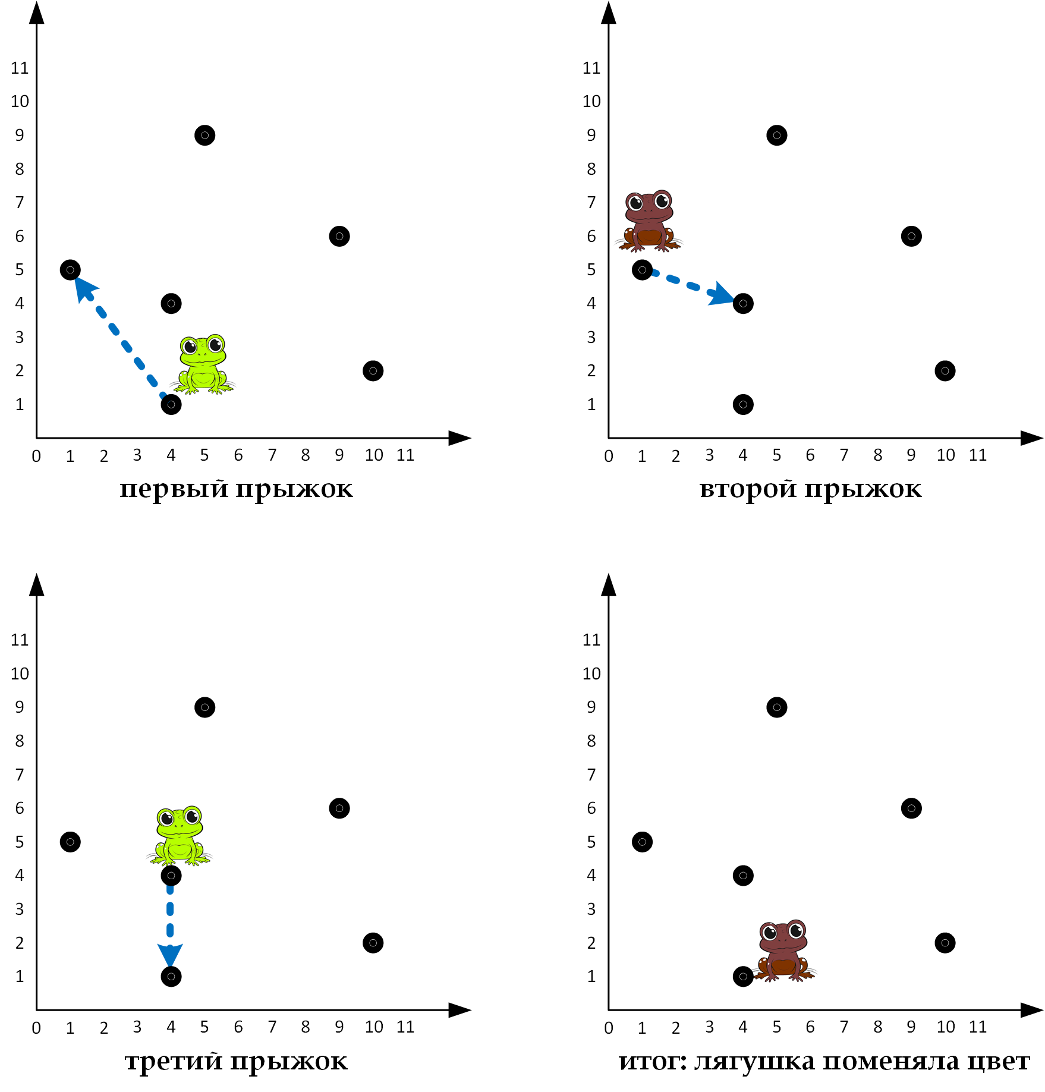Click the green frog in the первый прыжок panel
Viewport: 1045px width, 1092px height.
(203, 364)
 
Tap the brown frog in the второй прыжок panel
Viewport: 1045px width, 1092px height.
(649, 221)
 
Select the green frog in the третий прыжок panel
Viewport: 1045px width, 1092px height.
(180, 835)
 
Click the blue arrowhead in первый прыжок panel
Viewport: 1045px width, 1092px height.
(84, 288)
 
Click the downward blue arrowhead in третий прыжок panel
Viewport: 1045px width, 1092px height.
(170, 954)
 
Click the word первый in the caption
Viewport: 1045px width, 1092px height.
(174, 489)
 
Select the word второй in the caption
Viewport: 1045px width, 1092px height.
(748, 489)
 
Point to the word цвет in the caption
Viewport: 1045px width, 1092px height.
(998, 1061)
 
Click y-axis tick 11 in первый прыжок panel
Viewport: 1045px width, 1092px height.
(20, 68)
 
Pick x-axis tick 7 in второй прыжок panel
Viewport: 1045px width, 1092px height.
(843, 455)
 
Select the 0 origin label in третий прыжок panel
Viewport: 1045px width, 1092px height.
(36, 1028)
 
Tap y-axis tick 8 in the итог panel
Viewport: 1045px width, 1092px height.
(591, 741)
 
